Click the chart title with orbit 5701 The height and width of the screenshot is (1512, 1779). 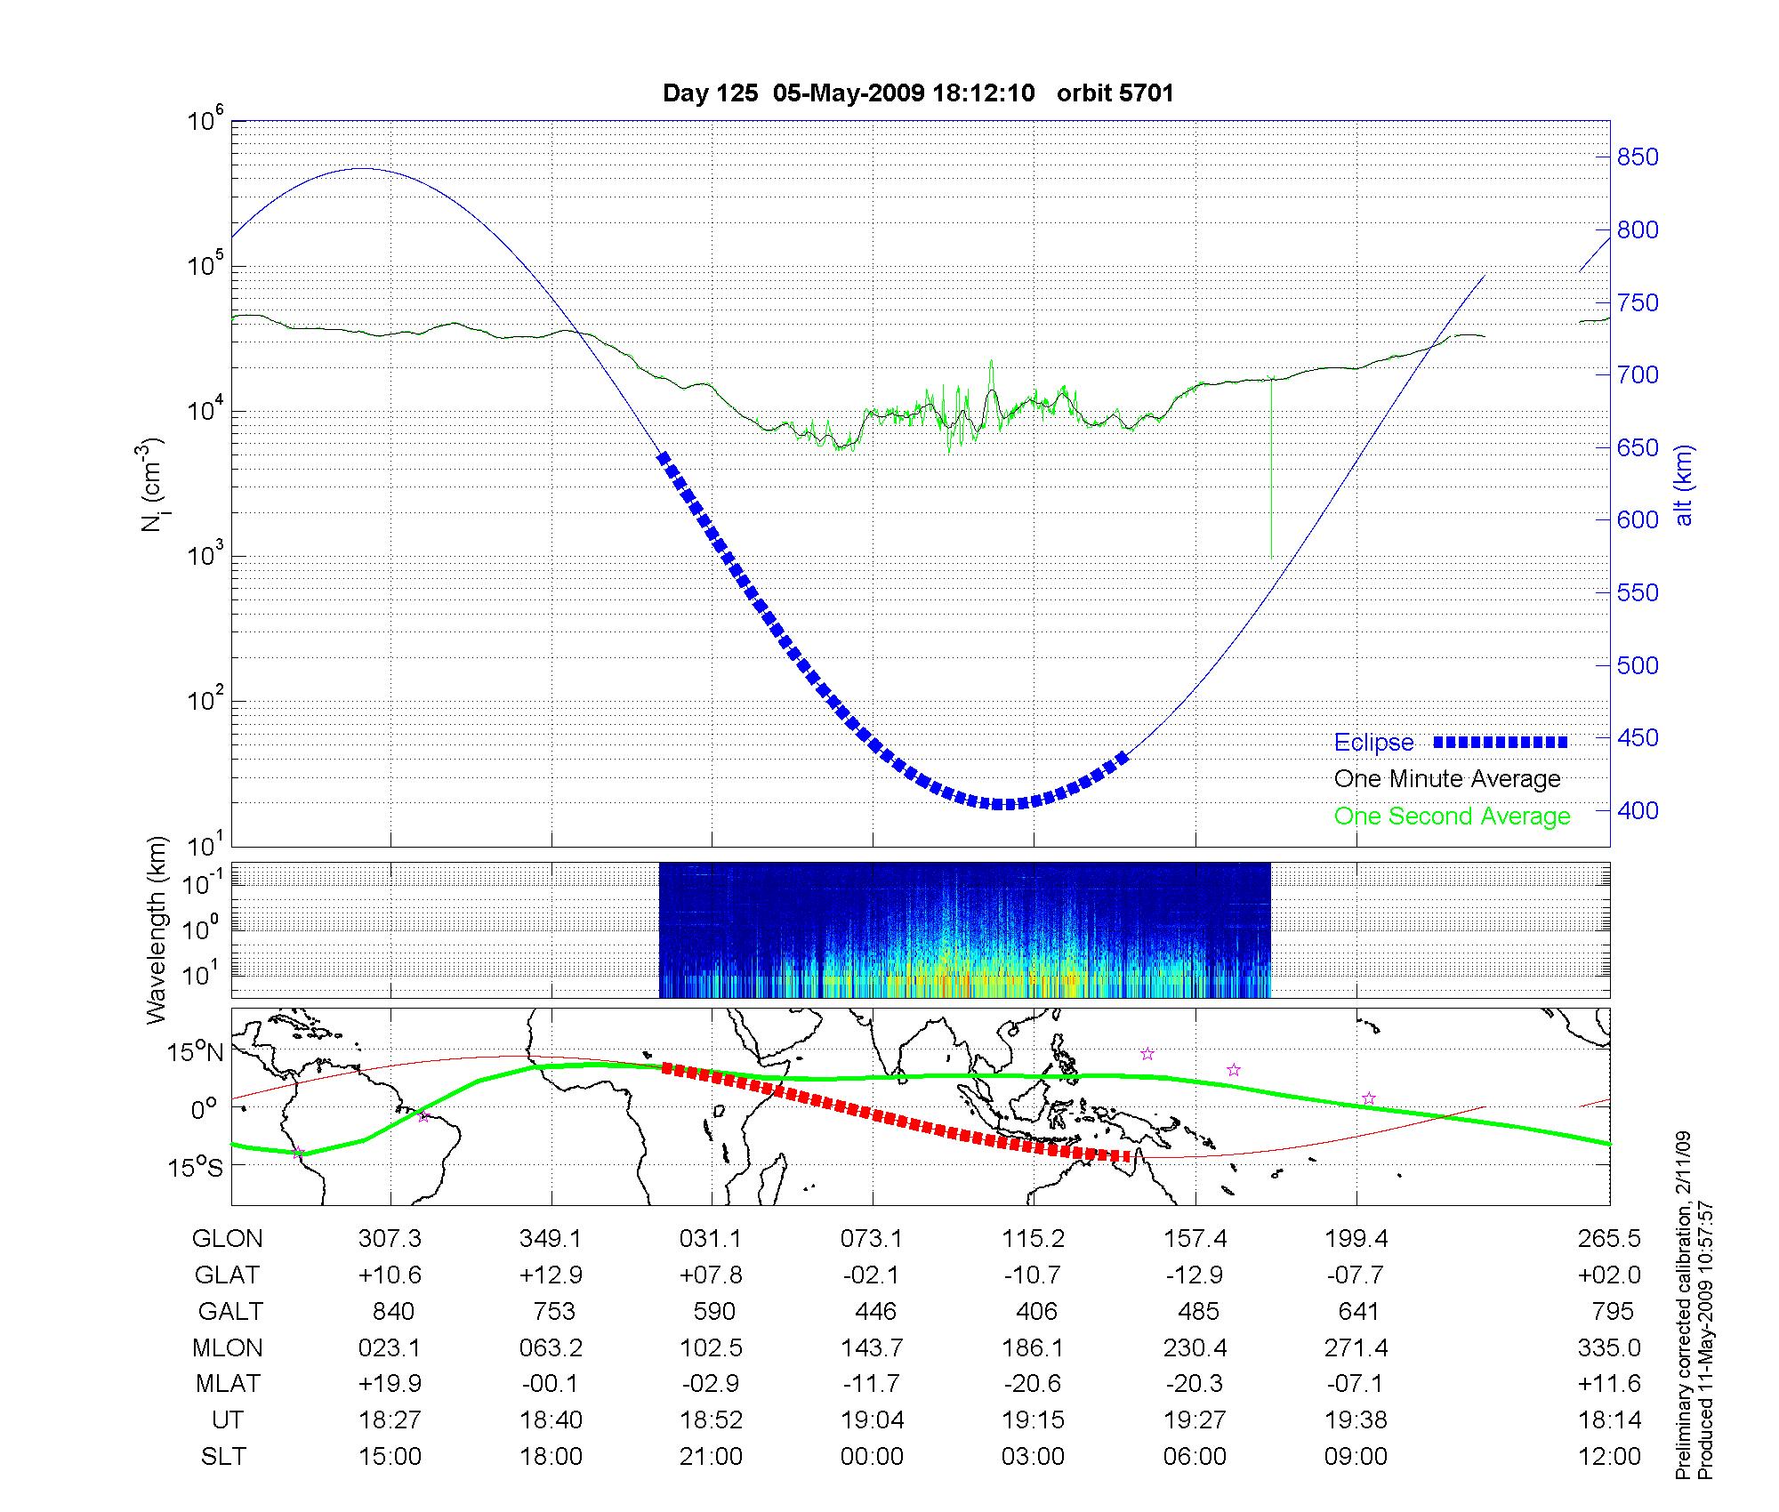tap(918, 93)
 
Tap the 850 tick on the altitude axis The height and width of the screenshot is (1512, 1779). tap(1638, 157)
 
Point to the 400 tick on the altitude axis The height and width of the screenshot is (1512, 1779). tap(1638, 811)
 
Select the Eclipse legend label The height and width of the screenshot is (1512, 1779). tap(1373, 743)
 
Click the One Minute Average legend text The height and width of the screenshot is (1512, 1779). tap(1447, 779)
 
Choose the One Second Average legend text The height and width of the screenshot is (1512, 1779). tap(1452, 816)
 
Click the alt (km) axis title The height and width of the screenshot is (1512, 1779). tap(1684, 485)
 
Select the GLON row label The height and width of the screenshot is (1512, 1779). tap(227, 1239)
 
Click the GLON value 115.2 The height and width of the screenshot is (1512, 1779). tap(1033, 1239)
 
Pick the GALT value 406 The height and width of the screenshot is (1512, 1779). tap(1036, 1312)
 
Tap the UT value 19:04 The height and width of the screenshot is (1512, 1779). tap(873, 1420)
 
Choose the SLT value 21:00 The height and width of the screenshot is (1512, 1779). tap(712, 1457)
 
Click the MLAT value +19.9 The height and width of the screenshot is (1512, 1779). tap(390, 1384)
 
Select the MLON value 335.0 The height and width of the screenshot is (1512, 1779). tap(1609, 1347)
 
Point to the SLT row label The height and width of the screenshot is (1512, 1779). tap(223, 1457)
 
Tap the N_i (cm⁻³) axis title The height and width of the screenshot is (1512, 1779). tap(153, 485)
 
